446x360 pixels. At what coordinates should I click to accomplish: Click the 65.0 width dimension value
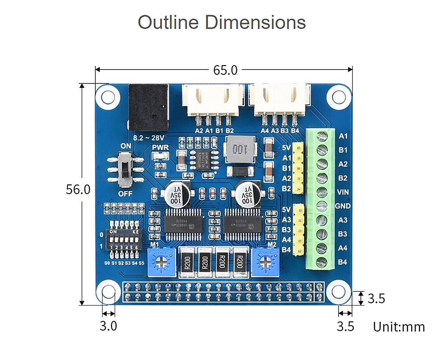(225, 70)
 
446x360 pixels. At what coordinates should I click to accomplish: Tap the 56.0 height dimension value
(78, 190)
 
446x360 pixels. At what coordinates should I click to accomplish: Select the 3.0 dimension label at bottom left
(108, 326)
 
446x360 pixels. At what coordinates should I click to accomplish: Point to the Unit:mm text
(399, 327)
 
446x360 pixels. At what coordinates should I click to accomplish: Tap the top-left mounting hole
(107, 96)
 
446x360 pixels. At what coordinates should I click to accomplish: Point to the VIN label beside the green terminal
(343, 192)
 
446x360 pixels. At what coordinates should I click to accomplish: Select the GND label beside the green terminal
(343, 206)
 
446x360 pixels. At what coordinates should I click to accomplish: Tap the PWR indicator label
(159, 147)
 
